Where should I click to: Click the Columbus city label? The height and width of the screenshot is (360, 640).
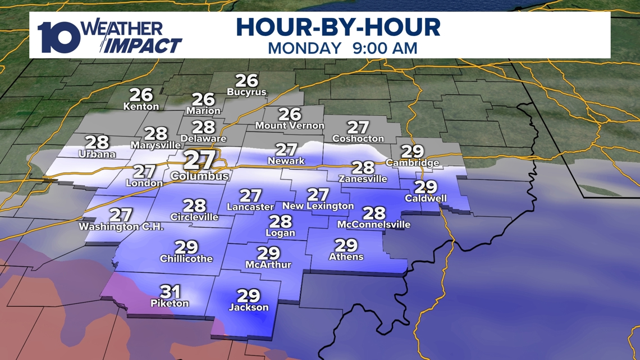pyautogui.click(x=200, y=176)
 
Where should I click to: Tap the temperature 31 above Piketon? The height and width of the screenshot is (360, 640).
pyautogui.click(x=170, y=291)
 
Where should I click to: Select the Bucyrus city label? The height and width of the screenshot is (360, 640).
pyautogui.click(x=246, y=92)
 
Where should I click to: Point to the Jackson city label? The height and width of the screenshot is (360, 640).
pyautogui.click(x=249, y=307)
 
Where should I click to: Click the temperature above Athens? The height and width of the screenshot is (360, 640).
pyautogui.click(x=346, y=245)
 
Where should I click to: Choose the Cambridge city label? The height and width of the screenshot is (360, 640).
pyautogui.click(x=412, y=163)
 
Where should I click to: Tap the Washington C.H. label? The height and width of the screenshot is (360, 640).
pyautogui.click(x=121, y=227)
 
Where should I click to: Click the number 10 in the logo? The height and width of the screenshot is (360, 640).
pyautogui.click(x=58, y=38)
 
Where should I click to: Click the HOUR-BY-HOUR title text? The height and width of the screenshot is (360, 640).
pyautogui.click(x=337, y=28)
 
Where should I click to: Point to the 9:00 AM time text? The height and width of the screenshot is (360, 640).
pyautogui.click(x=385, y=48)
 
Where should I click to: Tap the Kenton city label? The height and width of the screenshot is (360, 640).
pyautogui.click(x=141, y=106)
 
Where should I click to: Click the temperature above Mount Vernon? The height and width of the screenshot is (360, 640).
pyautogui.click(x=290, y=114)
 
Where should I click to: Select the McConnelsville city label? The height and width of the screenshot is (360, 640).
pyautogui.click(x=373, y=225)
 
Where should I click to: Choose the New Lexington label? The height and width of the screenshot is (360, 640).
pyautogui.click(x=318, y=206)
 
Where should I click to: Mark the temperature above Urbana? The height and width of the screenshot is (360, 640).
pyautogui.click(x=97, y=142)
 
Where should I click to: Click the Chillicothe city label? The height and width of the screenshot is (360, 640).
pyautogui.click(x=186, y=259)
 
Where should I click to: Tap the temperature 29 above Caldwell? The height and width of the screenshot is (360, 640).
pyautogui.click(x=426, y=188)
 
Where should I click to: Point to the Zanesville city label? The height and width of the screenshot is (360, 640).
pyautogui.click(x=363, y=179)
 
